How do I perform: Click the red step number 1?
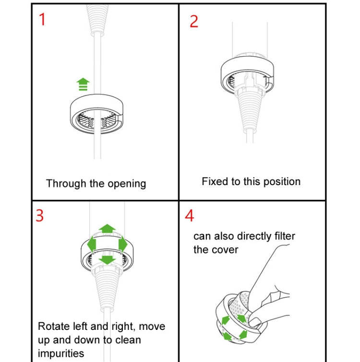[42, 20]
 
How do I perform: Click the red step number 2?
[193, 22]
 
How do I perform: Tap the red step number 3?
[40, 216]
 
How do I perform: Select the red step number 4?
[190, 216]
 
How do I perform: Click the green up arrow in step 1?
[84, 84]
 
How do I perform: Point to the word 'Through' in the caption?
[66, 184]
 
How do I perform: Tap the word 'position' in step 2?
[280, 182]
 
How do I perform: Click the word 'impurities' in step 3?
[61, 353]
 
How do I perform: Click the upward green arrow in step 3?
[107, 229]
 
